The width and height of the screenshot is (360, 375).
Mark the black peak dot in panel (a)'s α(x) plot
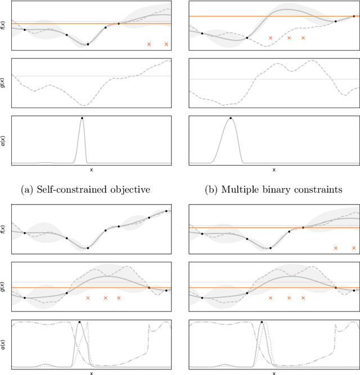pyautogui.click(x=82, y=118)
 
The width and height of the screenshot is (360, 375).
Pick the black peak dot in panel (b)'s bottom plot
pyautogui.click(x=230, y=118)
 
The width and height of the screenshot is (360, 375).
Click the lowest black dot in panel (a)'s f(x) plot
pyautogui.click(x=88, y=44)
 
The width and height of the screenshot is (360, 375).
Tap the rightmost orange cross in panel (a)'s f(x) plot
pyautogui.click(x=166, y=44)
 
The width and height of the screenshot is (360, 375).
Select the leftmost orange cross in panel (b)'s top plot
pyautogui.click(x=271, y=38)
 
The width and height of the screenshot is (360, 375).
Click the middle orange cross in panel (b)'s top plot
pyautogui.click(x=289, y=38)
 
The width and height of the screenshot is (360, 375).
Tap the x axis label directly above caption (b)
pyautogui.click(x=274, y=169)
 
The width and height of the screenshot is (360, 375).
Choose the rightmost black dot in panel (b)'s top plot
pyautogui.click(x=354, y=16)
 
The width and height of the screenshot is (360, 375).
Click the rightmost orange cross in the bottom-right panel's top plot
pyautogui.click(x=354, y=248)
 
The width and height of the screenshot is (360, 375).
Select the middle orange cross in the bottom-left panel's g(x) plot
pyautogui.click(x=105, y=298)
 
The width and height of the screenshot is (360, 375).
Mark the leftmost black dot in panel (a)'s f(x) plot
pyautogui.click(x=24, y=29)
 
